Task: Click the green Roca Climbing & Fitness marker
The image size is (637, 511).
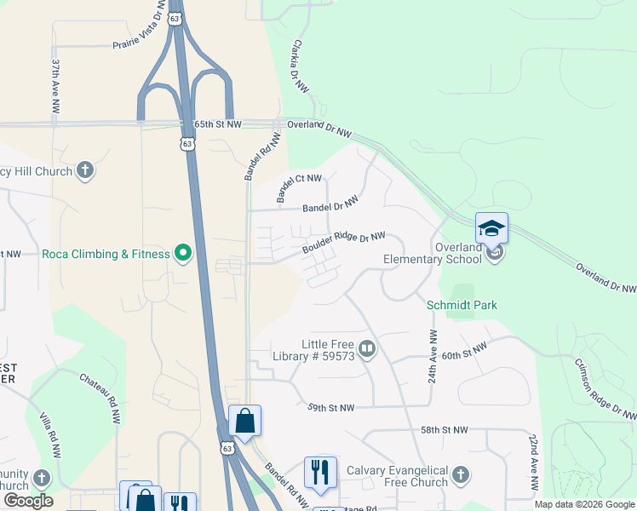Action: (182, 253)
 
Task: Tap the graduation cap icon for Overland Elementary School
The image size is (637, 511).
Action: (491, 228)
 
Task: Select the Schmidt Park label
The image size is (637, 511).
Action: (462, 305)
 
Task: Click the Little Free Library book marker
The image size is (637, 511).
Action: (367, 348)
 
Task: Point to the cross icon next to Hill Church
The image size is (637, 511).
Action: (84, 171)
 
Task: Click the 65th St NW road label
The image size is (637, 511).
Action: (216, 124)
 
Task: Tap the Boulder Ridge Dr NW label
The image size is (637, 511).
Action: (343, 243)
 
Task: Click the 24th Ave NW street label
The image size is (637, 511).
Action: (433, 356)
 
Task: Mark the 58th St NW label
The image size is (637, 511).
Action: (445, 430)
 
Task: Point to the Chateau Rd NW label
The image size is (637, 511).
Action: (101, 399)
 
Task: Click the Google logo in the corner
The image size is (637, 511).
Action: (28, 501)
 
